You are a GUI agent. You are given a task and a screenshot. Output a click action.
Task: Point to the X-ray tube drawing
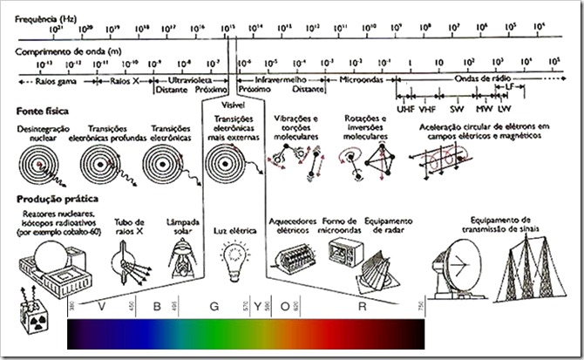(130, 261)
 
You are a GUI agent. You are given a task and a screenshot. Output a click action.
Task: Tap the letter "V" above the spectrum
(103, 307)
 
